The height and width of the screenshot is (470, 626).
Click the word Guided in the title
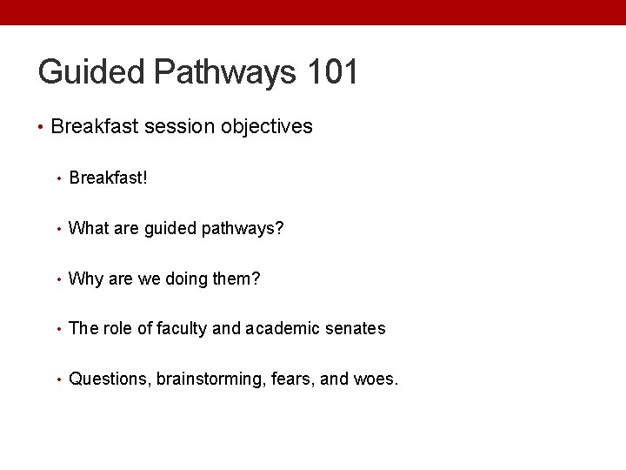[x=91, y=72]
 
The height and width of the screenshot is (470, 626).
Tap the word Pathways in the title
[x=224, y=72]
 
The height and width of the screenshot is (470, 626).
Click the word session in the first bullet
[x=177, y=127]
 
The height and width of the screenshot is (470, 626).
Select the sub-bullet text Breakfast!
[x=108, y=178]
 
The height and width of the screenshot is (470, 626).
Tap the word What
[x=87, y=229]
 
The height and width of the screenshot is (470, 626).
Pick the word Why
[x=84, y=279]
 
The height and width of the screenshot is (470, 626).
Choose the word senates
[x=355, y=328]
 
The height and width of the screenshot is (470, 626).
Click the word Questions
[x=109, y=379]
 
